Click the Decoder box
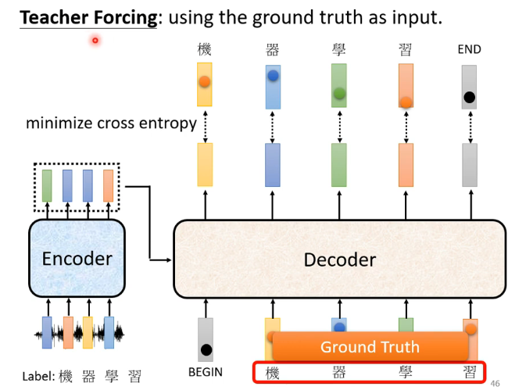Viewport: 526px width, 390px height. pos(339,259)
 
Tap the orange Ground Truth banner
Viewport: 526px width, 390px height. pos(370,347)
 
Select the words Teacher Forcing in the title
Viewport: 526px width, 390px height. pos(88,17)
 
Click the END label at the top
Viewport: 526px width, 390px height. pos(469,50)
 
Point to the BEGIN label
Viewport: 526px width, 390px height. pos(206,372)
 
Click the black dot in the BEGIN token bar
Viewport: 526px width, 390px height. pos(206,349)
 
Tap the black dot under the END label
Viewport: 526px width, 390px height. pos(469,98)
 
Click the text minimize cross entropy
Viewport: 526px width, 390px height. pos(111,123)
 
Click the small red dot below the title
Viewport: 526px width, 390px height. pos(95,40)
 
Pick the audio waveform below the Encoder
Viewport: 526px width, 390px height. pos(78,334)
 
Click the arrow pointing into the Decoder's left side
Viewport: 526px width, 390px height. pos(164,259)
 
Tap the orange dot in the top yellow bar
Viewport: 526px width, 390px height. pos(204,81)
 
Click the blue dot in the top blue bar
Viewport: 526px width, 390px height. pos(272,77)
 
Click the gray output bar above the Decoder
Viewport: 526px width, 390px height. pos(469,164)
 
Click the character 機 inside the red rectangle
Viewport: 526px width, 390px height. pos(272,372)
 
